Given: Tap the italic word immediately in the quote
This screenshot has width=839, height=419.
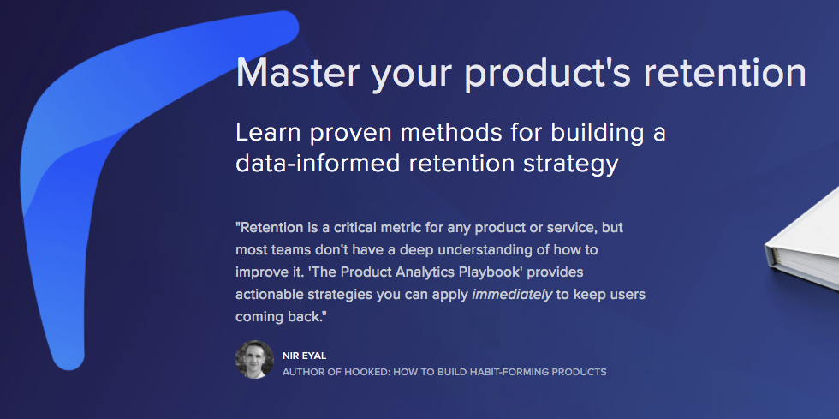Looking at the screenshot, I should (511, 294).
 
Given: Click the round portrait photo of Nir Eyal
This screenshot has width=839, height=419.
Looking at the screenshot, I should (254, 359).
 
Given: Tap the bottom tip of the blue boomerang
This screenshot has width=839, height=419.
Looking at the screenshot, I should (68, 355).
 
